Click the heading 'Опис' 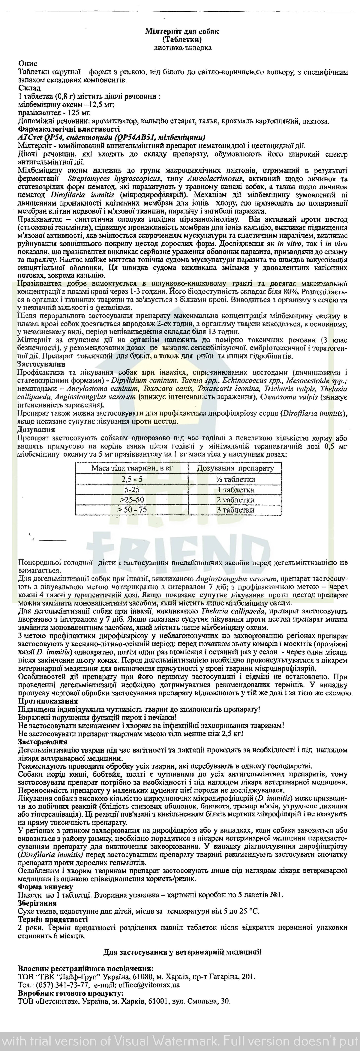pyautogui.click(x=28, y=64)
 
